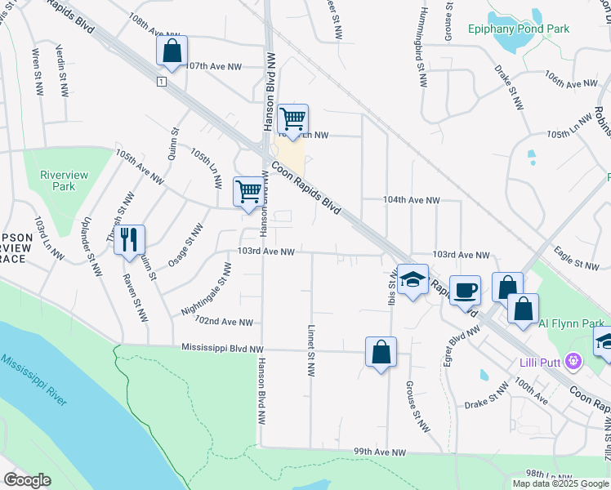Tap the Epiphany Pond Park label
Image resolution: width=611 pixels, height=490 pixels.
point(519,29)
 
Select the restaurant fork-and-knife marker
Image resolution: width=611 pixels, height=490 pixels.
point(129,239)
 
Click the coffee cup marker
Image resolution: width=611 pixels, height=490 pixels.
point(465,290)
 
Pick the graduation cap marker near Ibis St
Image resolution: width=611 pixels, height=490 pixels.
point(413,280)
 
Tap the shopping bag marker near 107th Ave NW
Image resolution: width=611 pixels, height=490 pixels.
point(172,51)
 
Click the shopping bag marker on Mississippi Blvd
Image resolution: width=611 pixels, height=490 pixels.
point(381,352)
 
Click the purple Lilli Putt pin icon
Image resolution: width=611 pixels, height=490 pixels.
point(574,360)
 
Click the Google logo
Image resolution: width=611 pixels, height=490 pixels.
point(28,480)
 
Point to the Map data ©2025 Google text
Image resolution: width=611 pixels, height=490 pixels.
point(560,483)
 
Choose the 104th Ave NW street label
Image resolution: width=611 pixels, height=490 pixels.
point(412,200)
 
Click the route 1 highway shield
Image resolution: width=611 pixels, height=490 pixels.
point(163,82)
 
